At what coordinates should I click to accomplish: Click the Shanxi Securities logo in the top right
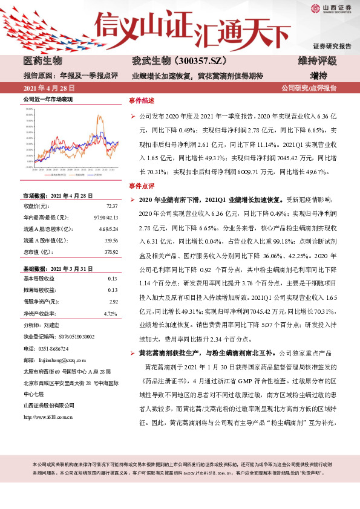tap(332, 8)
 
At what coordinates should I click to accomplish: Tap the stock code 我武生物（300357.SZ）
tap(170, 61)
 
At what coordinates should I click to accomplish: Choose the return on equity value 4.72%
tap(110, 313)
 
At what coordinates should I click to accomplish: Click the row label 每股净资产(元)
tap(41, 300)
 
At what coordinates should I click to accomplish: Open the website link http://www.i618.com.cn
tap(48, 417)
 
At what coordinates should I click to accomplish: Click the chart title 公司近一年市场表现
tap(48, 99)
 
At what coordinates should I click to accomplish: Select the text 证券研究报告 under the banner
tap(332, 47)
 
